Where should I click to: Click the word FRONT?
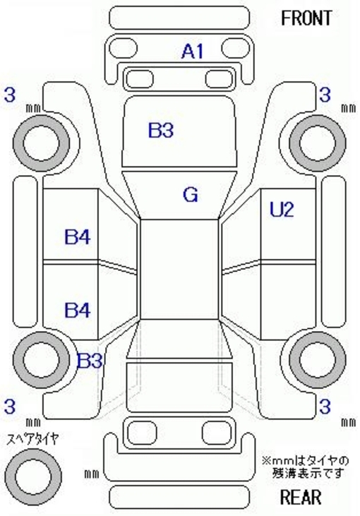[x=306, y=18]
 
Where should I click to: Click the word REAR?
[x=301, y=497]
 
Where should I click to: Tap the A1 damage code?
[x=193, y=52]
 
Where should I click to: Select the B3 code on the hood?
[x=160, y=130]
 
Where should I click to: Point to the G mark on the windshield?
[x=191, y=195]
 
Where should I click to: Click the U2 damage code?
[x=282, y=210]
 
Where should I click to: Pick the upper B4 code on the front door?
[x=78, y=236]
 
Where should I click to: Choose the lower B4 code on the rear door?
[x=78, y=310]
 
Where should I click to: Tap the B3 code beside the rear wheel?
[x=89, y=361]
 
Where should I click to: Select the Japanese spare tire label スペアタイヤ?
[x=33, y=438]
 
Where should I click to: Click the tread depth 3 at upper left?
[x=10, y=95]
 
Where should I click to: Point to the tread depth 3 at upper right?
[x=325, y=95]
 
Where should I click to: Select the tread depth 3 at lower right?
[x=325, y=407]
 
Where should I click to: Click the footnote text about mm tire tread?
[x=306, y=467]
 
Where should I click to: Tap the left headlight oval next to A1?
[x=123, y=49]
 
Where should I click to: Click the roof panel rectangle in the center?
[x=180, y=269]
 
